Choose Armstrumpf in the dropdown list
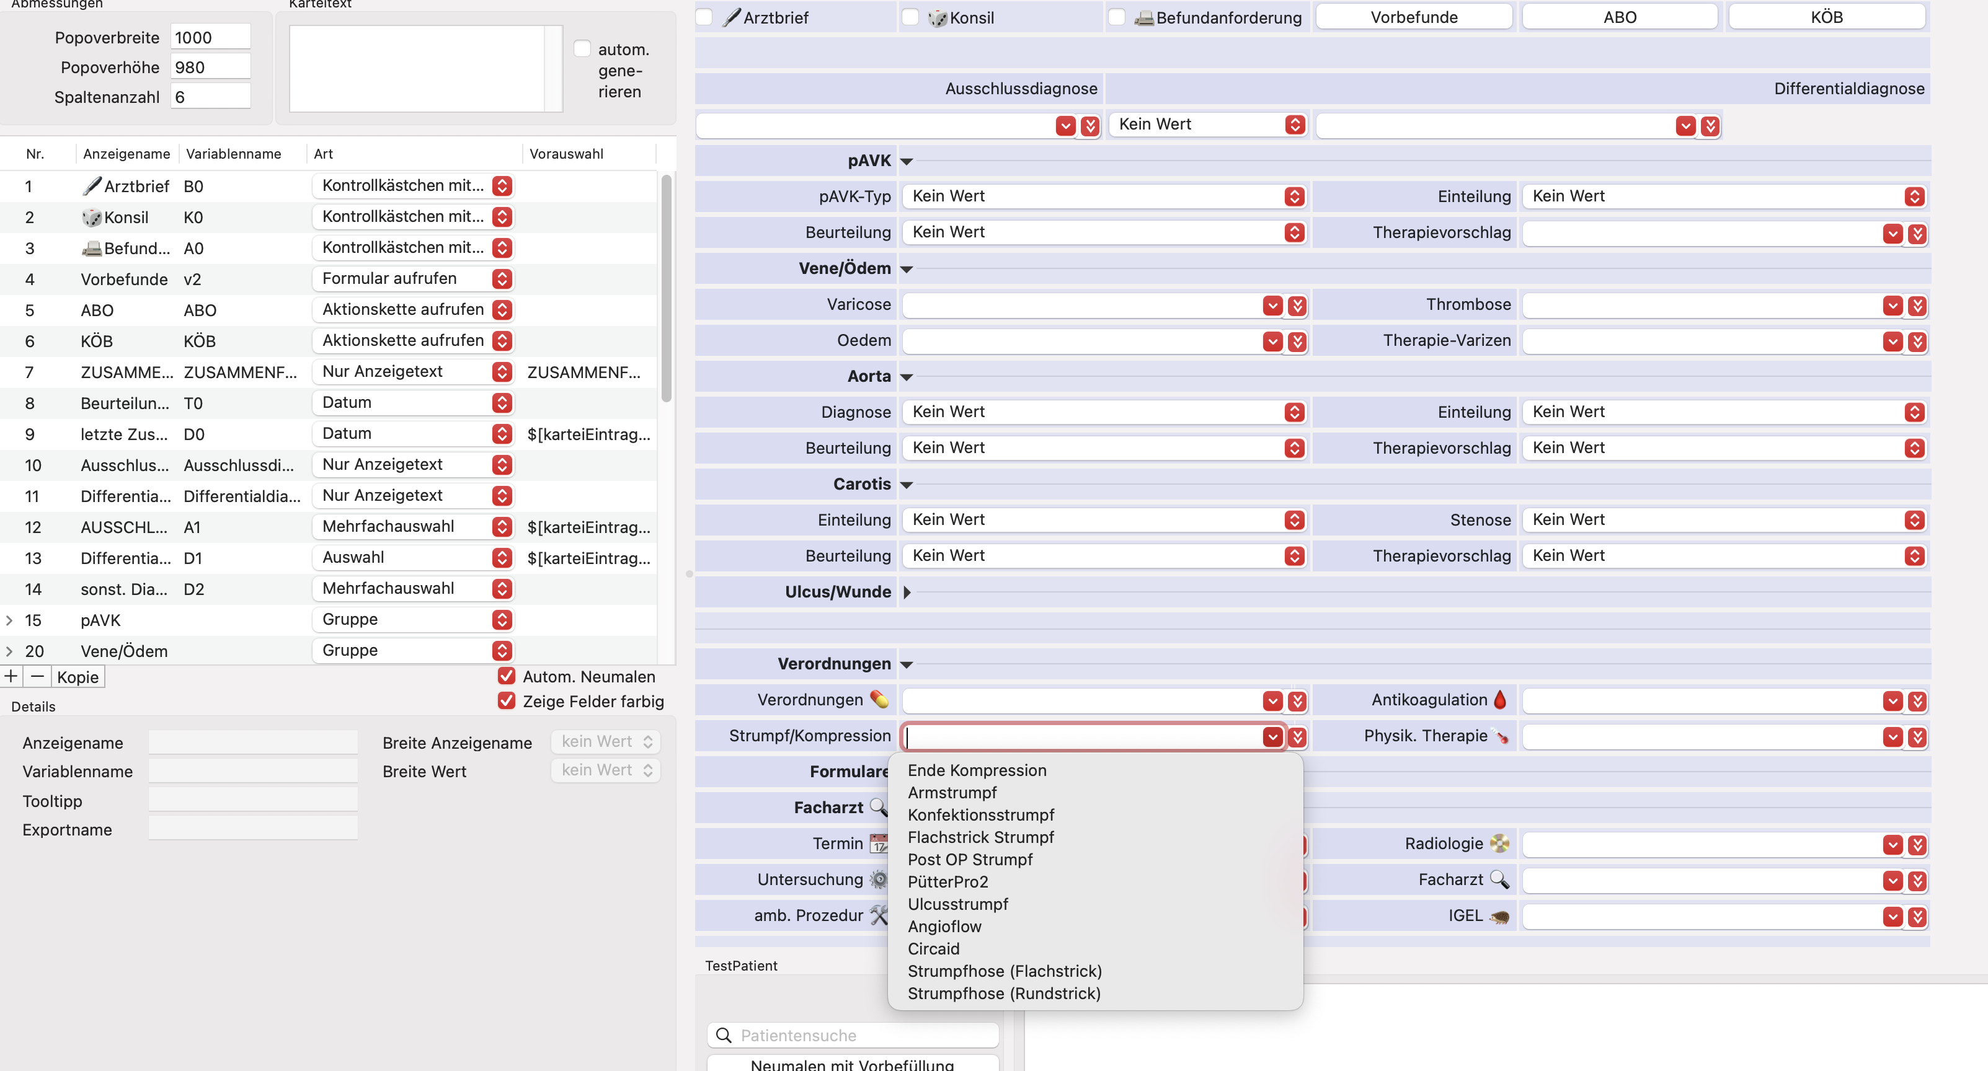click(x=952, y=793)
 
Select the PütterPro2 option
click(x=947, y=882)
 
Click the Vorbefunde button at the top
click(x=1414, y=17)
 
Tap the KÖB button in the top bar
click(x=1827, y=17)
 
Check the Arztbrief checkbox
click(x=704, y=17)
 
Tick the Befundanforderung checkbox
click(x=1117, y=17)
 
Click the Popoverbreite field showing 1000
click(x=210, y=37)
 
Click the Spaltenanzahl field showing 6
click(x=210, y=97)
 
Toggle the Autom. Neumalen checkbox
click(x=506, y=676)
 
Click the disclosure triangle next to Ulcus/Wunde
click(x=907, y=592)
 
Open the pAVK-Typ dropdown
click(x=1104, y=196)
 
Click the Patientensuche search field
click(x=853, y=1034)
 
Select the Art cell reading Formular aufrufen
click(x=413, y=278)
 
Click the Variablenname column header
click(x=233, y=154)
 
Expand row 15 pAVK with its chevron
click(x=9, y=620)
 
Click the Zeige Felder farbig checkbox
click(x=506, y=700)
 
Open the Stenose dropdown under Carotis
click(x=1724, y=520)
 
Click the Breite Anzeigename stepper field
click(x=605, y=741)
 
